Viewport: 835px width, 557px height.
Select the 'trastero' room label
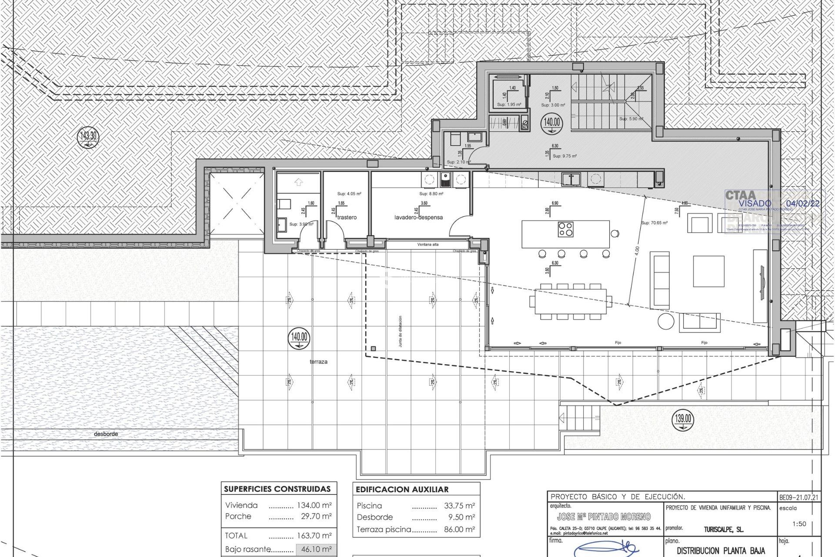(347, 217)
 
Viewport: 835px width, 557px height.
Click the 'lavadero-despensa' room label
(418, 217)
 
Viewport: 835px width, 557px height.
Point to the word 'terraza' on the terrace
(319, 362)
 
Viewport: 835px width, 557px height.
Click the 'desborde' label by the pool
(106, 434)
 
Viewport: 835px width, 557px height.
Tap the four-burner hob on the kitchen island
(566, 229)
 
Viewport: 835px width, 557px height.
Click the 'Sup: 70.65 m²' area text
(655, 223)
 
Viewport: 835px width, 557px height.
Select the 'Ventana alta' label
(428, 245)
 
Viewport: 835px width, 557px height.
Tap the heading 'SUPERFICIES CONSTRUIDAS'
(277, 489)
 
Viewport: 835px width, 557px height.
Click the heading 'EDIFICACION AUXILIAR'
(402, 489)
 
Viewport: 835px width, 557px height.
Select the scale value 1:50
(799, 524)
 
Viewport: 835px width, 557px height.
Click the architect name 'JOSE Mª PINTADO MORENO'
(604, 517)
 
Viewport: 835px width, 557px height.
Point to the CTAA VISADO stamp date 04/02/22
(802, 203)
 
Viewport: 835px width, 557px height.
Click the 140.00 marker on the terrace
(299, 337)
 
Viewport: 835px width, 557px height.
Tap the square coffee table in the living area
(708, 271)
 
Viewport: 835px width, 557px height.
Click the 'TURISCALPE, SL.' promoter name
(724, 530)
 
